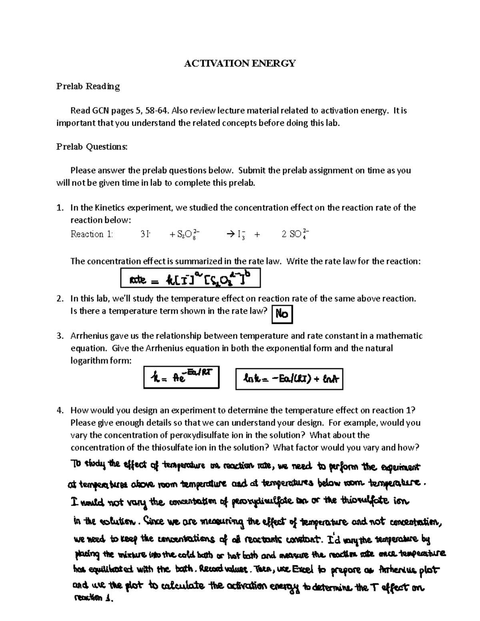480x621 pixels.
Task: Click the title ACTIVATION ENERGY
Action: click(240, 63)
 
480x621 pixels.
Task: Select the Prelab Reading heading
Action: click(88, 86)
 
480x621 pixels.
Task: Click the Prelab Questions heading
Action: click(92, 147)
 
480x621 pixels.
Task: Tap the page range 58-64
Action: click(158, 110)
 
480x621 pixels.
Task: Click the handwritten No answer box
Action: click(282, 314)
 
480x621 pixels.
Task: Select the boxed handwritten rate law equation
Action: click(190, 278)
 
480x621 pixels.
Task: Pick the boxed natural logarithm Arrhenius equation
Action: click(289, 379)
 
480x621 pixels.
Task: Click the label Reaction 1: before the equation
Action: click(92, 234)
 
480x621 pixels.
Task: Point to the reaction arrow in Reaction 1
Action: click(231, 235)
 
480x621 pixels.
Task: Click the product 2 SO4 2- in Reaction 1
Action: click(295, 234)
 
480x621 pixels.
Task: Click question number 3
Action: click(60, 336)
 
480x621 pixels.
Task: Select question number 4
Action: click(60, 410)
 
